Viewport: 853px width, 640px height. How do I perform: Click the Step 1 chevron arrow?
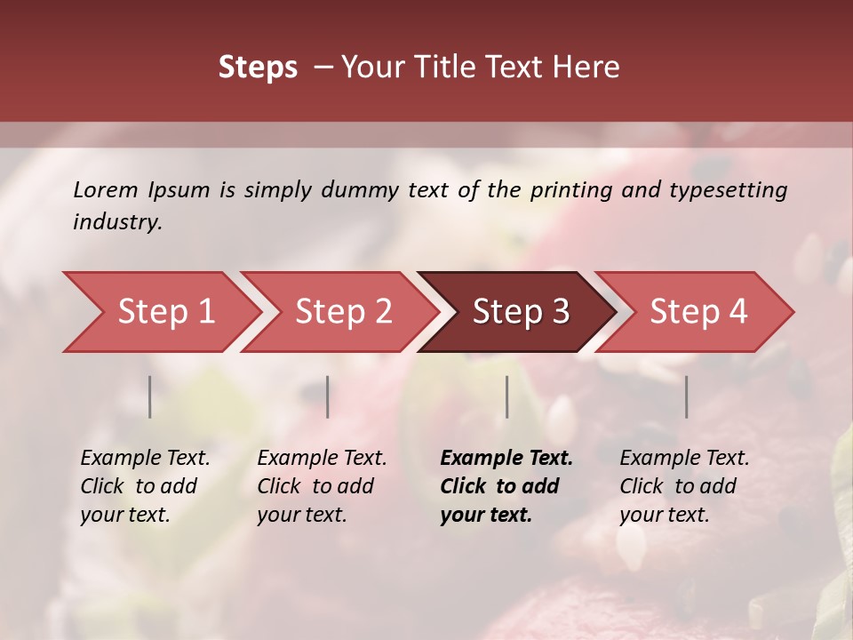pyautogui.click(x=165, y=312)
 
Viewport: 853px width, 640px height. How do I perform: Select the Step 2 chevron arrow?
pyautogui.click(x=343, y=312)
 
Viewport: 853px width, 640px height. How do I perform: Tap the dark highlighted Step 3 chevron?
pyautogui.click(x=520, y=312)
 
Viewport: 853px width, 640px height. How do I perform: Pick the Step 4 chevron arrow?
pyautogui.click(x=698, y=312)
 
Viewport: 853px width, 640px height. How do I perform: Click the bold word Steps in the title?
pyautogui.click(x=258, y=68)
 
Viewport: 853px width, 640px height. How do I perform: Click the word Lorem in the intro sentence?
pyautogui.click(x=105, y=189)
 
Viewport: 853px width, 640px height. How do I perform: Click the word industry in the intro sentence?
pyautogui.click(x=116, y=221)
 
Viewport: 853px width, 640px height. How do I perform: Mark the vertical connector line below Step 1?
pyautogui.click(x=150, y=396)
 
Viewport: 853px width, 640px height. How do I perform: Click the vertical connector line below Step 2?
pyautogui.click(x=328, y=396)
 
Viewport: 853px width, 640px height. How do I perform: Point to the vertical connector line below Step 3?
pyautogui.click(x=506, y=396)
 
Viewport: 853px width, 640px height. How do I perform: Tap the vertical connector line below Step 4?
pyautogui.click(x=686, y=396)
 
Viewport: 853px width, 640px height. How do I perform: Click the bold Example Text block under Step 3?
pyautogui.click(x=506, y=486)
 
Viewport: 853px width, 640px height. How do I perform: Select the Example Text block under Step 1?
pyautogui.click(x=145, y=486)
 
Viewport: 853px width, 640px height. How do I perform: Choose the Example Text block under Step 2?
pyautogui.click(x=322, y=486)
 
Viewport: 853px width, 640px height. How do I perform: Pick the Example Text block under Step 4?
pyautogui.click(x=684, y=486)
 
